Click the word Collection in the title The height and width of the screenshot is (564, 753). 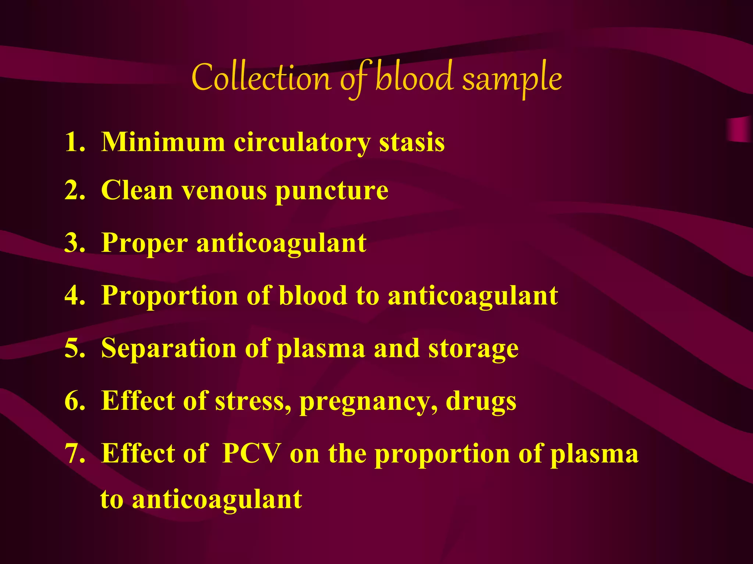[x=261, y=79]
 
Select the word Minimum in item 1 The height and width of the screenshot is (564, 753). [x=163, y=142]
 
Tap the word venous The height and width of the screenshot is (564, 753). [x=224, y=191]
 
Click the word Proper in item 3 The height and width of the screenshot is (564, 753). [x=144, y=244]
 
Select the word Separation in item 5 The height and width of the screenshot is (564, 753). [x=169, y=348]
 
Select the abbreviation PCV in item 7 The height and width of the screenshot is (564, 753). [x=251, y=453]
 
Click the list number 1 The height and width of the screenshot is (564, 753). [x=74, y=142]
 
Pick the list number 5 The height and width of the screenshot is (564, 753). [x=74, y=348]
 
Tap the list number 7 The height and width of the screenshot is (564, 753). [x=74, y=453]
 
